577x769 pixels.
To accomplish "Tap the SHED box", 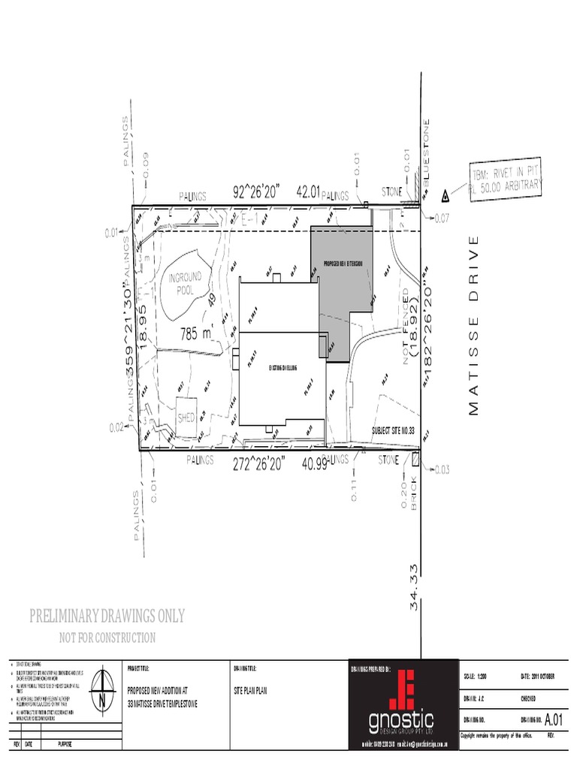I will pyautogui.click(x=186, y=415).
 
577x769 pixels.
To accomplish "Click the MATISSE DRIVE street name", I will pyautogui.click(x=473, y=325).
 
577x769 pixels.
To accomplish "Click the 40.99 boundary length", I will pyautogui.click(x=314, y=464).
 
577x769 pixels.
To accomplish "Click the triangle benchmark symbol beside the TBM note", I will pyautogui.click(x=445, y=196).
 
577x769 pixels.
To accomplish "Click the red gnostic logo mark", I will pyautogui.click(x=406, y=689).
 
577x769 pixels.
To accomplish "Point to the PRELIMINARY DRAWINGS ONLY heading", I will pyautogui.click(x=107, y=617).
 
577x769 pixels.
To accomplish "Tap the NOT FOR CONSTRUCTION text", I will pyautogui.click(x=107, y=638).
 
